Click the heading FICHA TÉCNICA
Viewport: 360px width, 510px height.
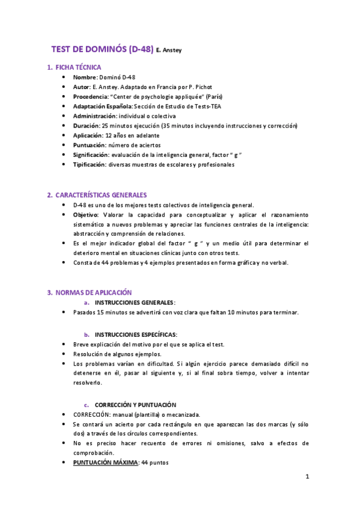click(78, 67)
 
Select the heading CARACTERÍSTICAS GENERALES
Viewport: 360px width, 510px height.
click(101, 195)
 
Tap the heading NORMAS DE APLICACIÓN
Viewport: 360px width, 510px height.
click(93, 292)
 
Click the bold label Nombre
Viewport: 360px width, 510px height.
click(85, 78)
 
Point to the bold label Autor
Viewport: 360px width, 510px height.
click(82, 87)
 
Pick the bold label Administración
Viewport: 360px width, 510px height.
click(94, 115)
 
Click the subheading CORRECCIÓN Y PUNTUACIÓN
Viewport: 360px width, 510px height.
click(135, 405)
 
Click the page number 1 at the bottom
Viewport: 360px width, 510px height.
click(307, 478)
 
